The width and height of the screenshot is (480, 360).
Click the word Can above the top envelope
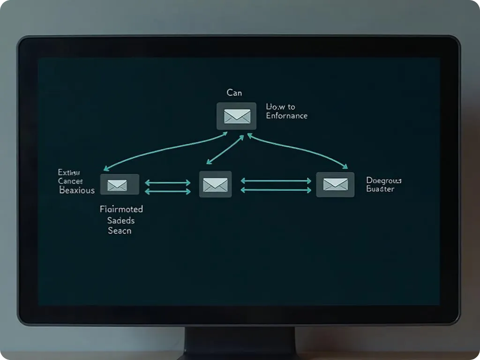[234, 93]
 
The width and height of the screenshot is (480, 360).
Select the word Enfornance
[286, 116]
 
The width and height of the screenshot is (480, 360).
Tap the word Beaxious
[77, 190]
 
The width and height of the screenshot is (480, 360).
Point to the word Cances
[70, 181]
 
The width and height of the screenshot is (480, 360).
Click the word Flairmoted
[121, 209]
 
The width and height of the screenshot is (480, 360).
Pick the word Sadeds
[120, 220]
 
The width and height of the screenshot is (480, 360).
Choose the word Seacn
[120, 231]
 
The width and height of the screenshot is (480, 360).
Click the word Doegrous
[383, 180]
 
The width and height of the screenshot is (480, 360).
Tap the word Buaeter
[380, 189]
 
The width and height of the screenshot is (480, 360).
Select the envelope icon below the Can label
[237, 116]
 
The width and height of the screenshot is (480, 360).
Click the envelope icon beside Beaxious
[120, 185]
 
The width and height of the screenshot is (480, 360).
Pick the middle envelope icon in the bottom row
[215, 184]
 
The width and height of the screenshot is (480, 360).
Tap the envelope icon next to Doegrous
[335, 184]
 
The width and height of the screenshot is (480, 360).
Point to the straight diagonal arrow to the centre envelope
[225, 150]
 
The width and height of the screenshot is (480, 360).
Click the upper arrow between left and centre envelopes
[168, 182]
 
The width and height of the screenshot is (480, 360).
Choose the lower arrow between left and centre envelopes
[168, 191]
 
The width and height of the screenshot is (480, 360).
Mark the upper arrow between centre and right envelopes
[276, 180]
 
